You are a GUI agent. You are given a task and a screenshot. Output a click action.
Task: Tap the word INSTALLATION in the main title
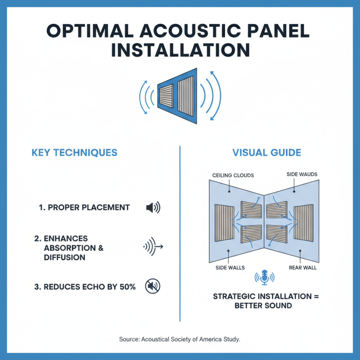(x=180, y=50)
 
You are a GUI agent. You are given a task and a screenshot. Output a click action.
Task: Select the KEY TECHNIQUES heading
(x=74, y=153)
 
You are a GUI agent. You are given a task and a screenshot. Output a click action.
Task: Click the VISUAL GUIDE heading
(x=266, y=153)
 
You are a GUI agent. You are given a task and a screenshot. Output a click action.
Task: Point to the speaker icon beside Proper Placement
(x=153, y=207)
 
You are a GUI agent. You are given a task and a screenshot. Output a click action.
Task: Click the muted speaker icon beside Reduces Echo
(x=153, y=286)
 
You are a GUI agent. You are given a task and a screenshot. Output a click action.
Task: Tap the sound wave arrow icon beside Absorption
(x=153, y=247)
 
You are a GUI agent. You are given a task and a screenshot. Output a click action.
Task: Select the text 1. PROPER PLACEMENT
(x=84, y=207)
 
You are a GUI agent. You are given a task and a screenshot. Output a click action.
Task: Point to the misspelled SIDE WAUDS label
(x=301, y=174)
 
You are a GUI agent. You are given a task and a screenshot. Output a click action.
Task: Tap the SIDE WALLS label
(x=230, y=267)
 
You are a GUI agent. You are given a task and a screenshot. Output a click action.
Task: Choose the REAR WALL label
(x=302, y=267)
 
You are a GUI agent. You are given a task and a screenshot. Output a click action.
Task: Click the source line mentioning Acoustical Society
(x=180, y=339)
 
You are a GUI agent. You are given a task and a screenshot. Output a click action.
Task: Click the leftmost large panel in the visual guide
(x=224, y=222)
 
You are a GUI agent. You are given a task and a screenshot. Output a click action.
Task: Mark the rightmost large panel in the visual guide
(x=304, y=222)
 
